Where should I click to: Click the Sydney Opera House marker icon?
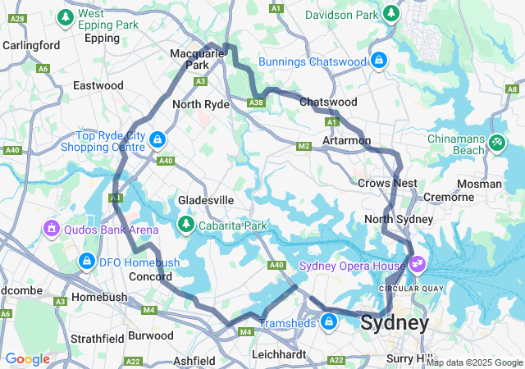418,264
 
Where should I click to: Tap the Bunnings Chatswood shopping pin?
378,61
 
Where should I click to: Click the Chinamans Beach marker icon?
496,143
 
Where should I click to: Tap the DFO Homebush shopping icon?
85,261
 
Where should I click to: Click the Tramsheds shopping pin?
329,321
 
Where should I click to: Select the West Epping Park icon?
65,17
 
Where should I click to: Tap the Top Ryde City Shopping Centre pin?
157,140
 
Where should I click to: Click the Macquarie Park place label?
189,59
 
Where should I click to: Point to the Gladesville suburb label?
206,200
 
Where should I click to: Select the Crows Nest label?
387,183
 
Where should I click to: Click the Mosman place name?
480,184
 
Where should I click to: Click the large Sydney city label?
395,323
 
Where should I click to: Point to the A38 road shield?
257,102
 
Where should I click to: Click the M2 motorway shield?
304,146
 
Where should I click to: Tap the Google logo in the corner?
27,359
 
